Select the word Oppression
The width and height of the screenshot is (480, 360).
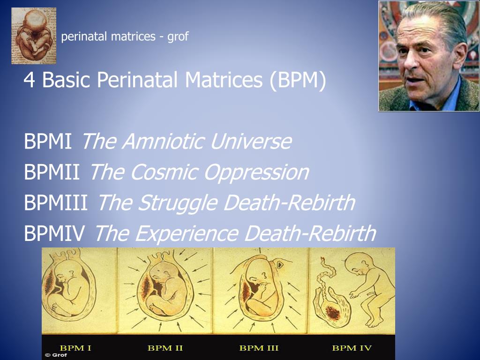(x=256, y=172)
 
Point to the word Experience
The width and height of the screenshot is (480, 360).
(x=187, y=233)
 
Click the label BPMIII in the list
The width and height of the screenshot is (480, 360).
(x=56, y=202)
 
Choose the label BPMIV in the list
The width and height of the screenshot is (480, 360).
(x=54, y=233)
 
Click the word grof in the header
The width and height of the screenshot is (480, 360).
(x=178, y=37)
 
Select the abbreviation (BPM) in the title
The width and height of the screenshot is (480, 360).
(x=298, y=80)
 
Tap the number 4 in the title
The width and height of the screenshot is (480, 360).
(x=29, y=80)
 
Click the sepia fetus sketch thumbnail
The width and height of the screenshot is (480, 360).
(x=34, y=36)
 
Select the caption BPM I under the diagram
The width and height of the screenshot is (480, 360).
(x=75, y=348)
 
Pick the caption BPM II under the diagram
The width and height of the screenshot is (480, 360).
(x=165, y=348)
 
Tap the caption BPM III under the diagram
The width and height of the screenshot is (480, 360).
(x=259, y=348)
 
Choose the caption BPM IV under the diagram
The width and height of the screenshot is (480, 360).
(x=352, y=348)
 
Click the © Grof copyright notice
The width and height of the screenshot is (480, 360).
(x=56, y=355)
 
